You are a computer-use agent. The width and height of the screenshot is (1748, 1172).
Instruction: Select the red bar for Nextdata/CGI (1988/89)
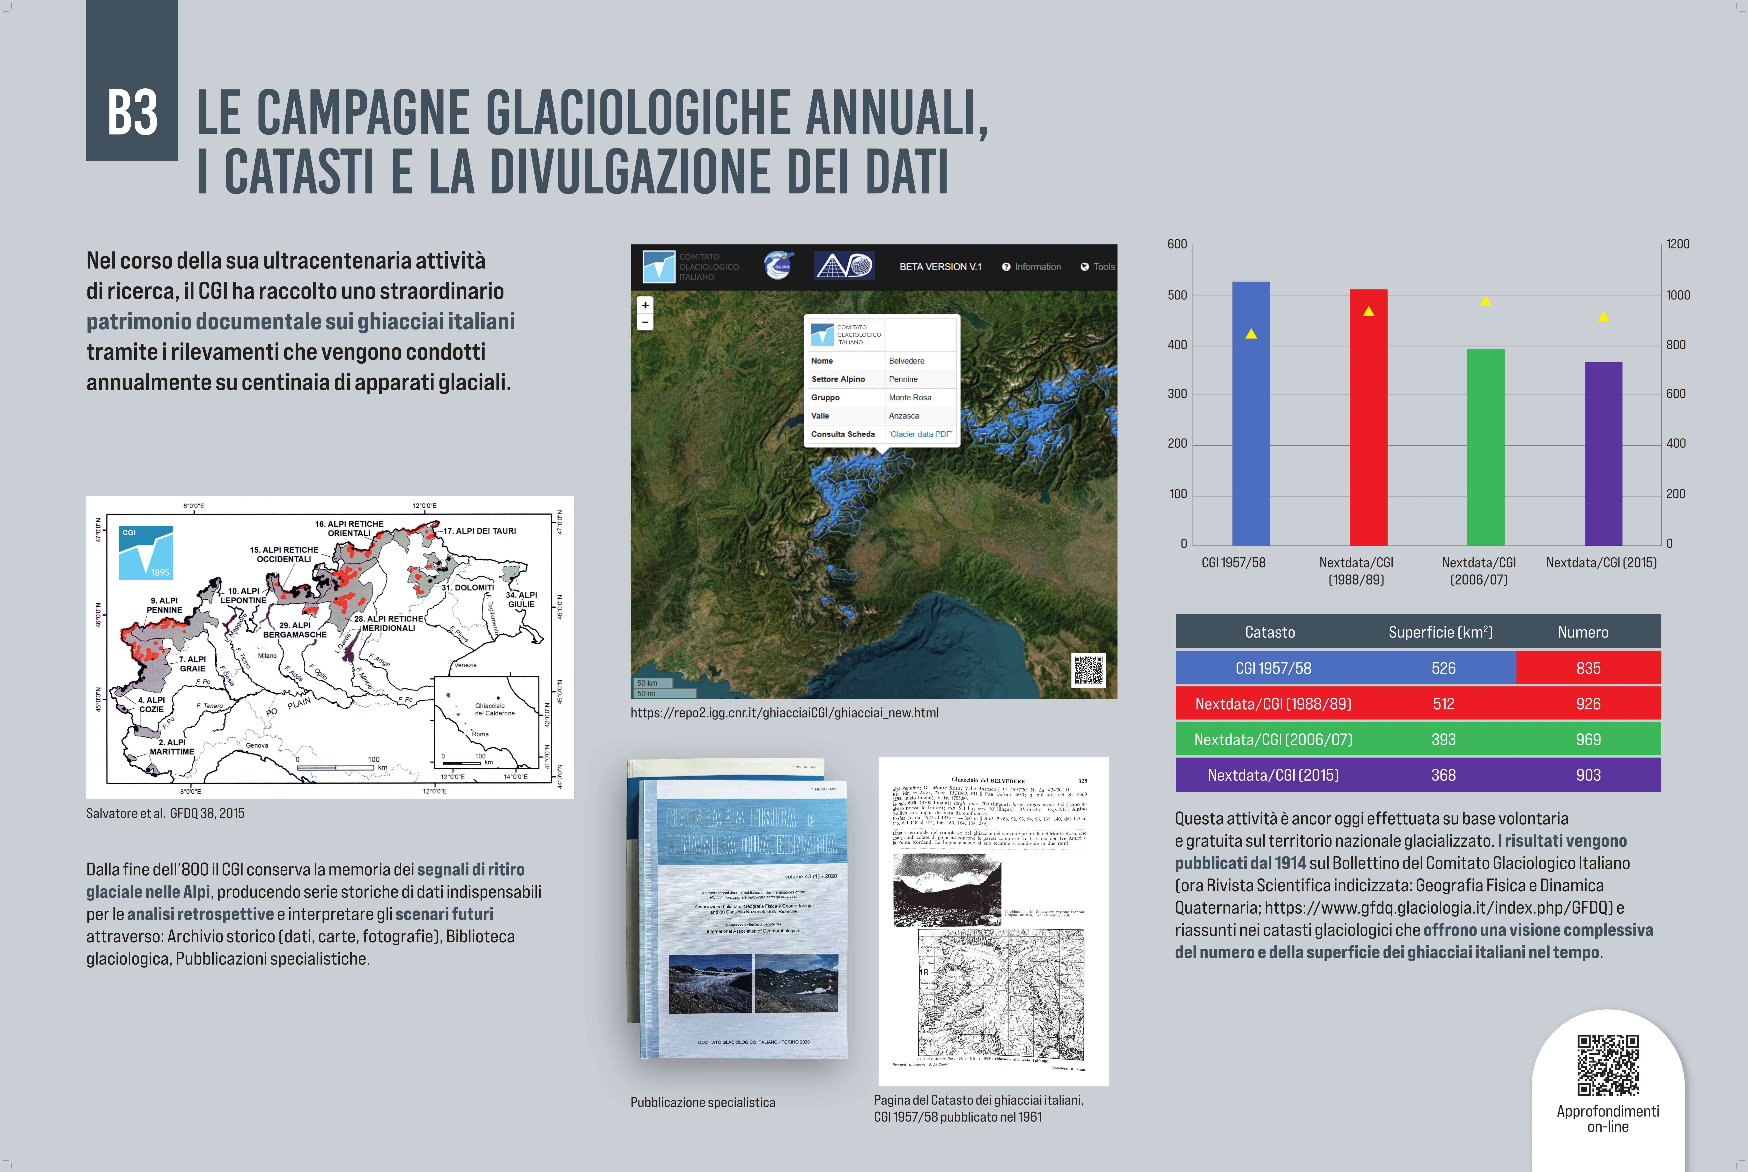point(1368,419)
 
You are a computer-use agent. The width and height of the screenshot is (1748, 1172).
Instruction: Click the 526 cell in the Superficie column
point(1443,668)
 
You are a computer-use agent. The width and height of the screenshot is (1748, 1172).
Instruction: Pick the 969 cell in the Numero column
point(1588,739)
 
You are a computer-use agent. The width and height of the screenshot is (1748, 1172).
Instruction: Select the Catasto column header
point(1270,632)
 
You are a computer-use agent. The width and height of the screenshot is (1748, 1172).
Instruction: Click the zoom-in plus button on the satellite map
point(645,305)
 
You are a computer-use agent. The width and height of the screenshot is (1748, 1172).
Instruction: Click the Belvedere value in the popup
point(906,361)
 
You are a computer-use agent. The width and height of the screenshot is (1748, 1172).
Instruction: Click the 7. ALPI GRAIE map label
point(192,664)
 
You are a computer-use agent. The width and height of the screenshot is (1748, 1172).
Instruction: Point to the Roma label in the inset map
point(480,734)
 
